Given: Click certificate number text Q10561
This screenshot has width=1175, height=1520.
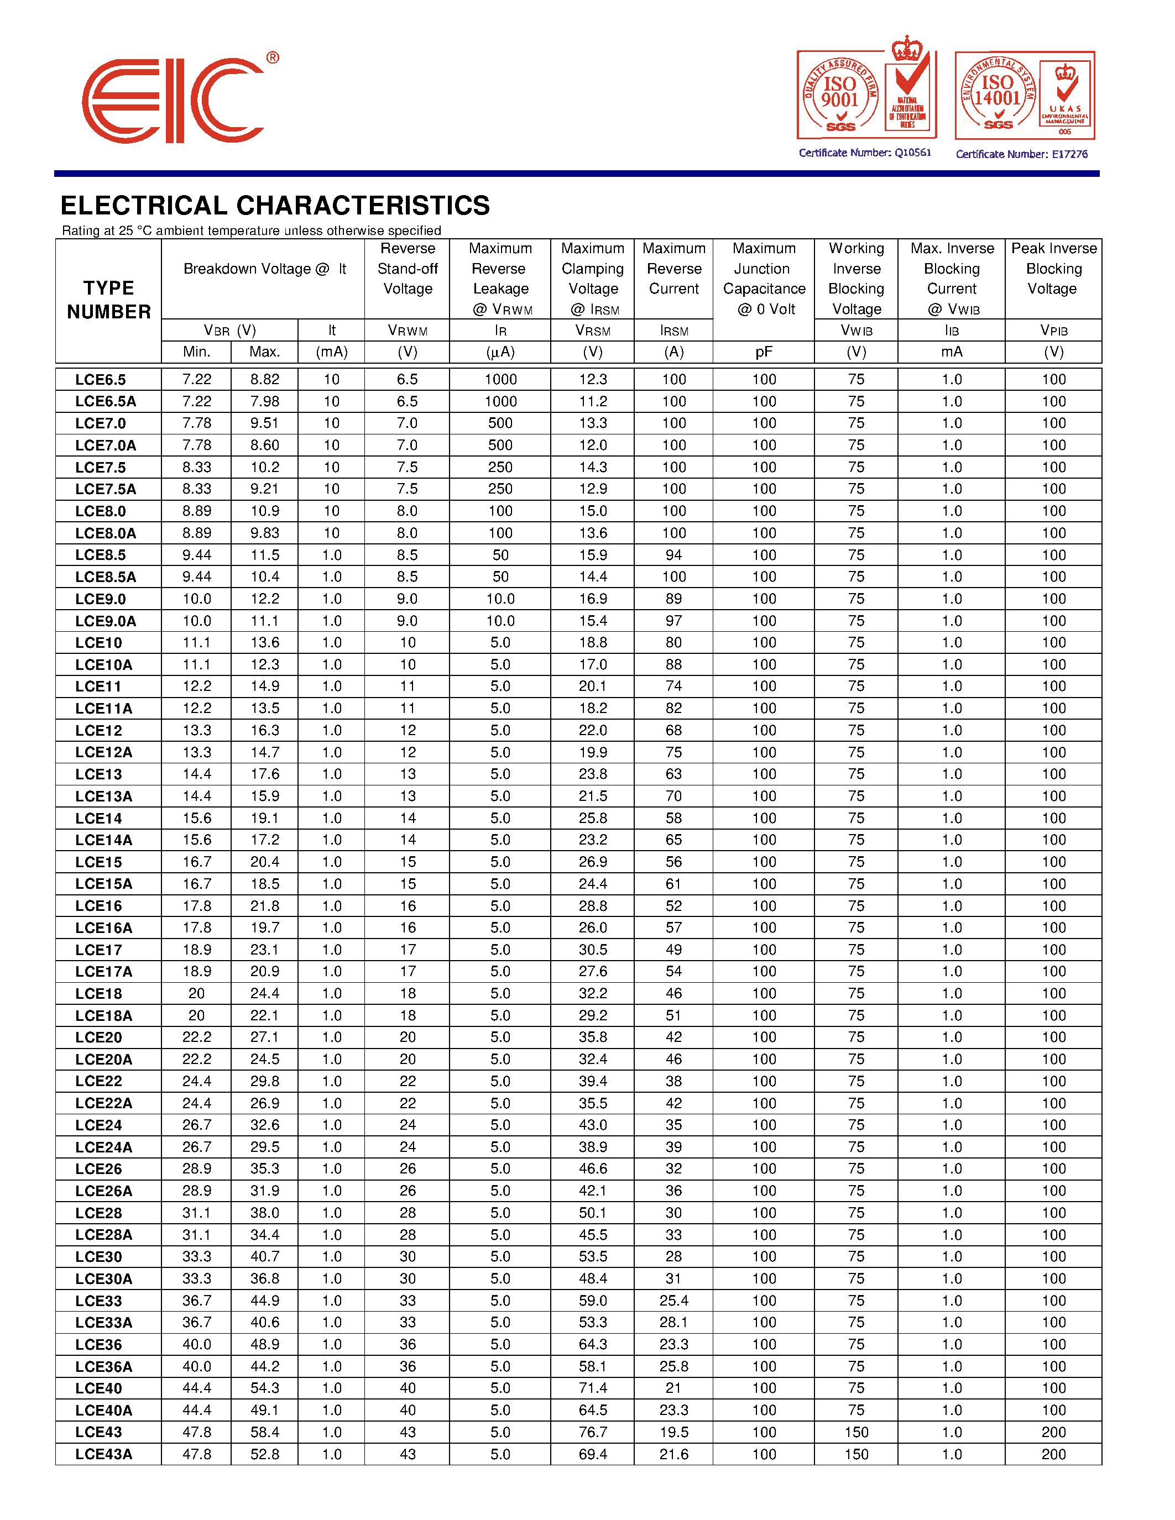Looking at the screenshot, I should coord(865,153).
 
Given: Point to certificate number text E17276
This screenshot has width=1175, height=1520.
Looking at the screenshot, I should coord(1021,154).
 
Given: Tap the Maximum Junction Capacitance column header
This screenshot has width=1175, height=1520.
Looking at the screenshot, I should coord(764,279).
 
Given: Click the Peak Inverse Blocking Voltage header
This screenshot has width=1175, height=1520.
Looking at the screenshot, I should coord(1053,269).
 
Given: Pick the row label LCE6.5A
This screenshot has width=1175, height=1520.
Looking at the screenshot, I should coord(106,402).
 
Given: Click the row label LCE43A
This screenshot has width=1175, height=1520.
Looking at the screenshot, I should coord(104,1454).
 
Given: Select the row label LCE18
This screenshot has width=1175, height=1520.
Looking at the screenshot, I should coord(99,994).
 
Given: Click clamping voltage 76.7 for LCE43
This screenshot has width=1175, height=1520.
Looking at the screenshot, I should coord(592,1432).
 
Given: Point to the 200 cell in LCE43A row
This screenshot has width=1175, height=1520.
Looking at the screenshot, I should coord(1053,1454).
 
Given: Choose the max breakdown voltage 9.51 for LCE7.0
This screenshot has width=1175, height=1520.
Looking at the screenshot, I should coord(264,423).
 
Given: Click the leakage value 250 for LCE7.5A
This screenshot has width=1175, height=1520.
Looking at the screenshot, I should coord(500,489).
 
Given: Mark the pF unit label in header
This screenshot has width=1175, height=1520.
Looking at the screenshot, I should coord(764,352).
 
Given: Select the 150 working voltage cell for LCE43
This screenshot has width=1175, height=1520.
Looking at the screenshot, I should coord(856,1432).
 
